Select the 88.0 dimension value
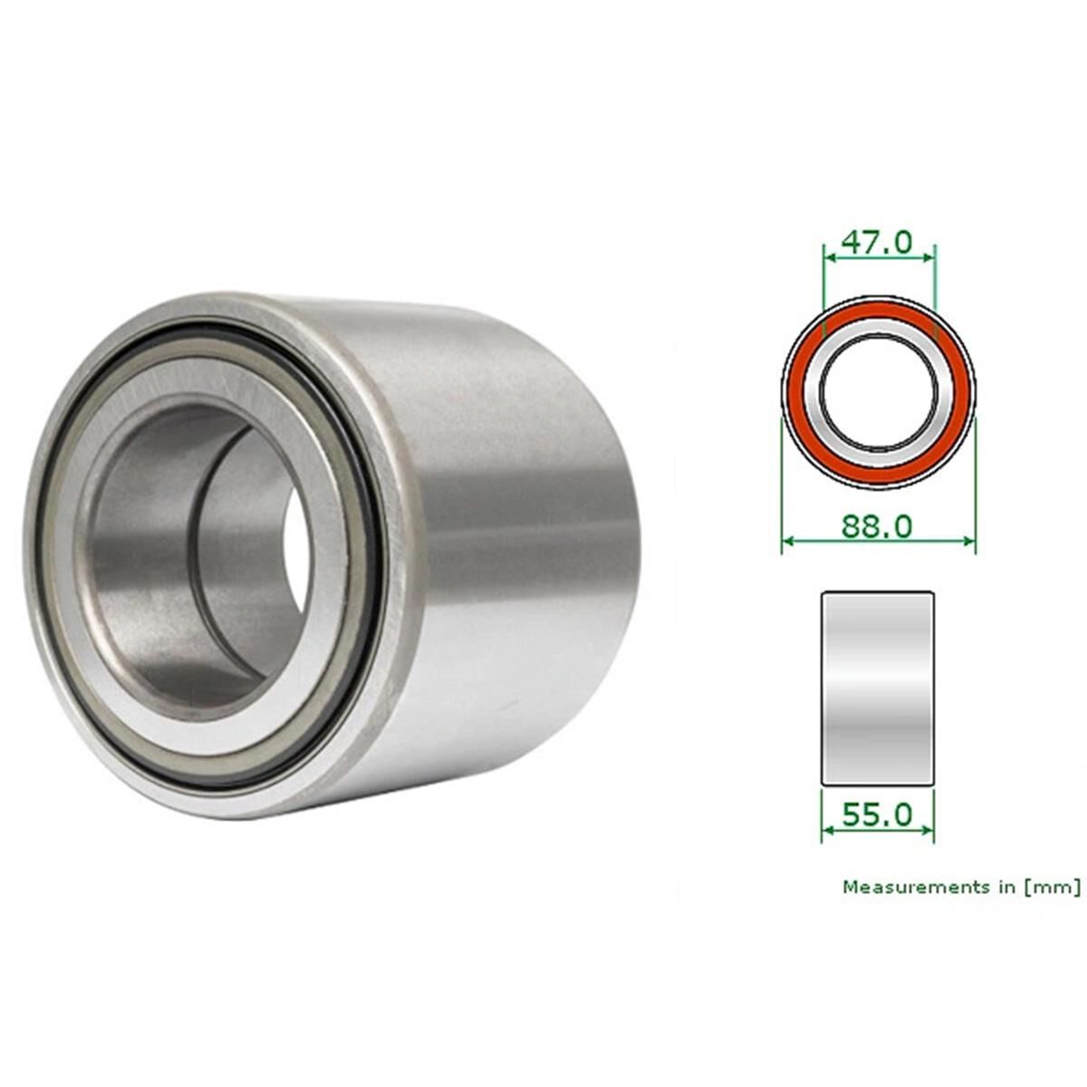pyautogui.click(x=877, y=525)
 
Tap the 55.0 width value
pyautogui.click(x=877, y=814)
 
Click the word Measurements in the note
pyautogui.click(x=916, y=887)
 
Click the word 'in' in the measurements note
pyautogui.click(x=1006, y=887)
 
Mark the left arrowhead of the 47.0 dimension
pyautogui.click(x=827, y=257)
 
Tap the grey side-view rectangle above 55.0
pyautogui.click(x=877, y=688)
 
